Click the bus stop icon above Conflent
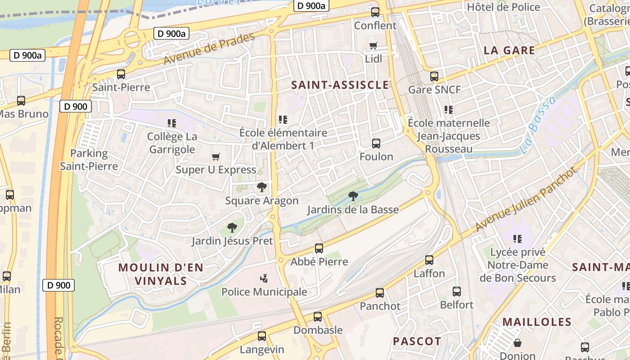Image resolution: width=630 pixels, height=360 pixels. (x=375, y=12)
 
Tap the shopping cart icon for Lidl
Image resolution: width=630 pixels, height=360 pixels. (x=373, y=45)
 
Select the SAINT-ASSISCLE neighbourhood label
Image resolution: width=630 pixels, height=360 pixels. (x=340, y=85)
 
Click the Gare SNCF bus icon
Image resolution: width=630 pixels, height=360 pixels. (x=434, y=76)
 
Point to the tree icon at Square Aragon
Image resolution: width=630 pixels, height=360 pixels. (x=261, y=187)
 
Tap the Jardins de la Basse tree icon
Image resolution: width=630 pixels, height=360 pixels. (x=353, y=196)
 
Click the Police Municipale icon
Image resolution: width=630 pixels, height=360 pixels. (x=264, y=278)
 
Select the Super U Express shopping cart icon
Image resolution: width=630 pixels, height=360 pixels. (x=216, y=157)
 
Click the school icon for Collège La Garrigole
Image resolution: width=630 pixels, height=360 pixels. (x=171, y=123)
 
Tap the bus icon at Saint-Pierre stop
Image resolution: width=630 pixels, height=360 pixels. (x=121, y=74)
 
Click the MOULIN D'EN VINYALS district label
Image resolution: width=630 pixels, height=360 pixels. (x=161, y=274)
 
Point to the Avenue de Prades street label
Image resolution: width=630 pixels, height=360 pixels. (x=209, y=49)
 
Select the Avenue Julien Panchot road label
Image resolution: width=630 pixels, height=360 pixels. (x=526, y=199)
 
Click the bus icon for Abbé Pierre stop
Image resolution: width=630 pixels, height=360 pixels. (x=319, y=248)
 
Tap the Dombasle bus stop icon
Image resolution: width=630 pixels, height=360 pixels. (x=318, y=316)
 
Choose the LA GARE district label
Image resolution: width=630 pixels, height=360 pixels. (x=509, y=50)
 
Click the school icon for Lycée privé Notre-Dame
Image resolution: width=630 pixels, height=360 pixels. (x=517, y=238)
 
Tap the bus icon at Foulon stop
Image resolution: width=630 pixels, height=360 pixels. (x=376, y=144)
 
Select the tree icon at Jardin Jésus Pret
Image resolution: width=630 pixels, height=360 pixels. (x=232, y=227)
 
